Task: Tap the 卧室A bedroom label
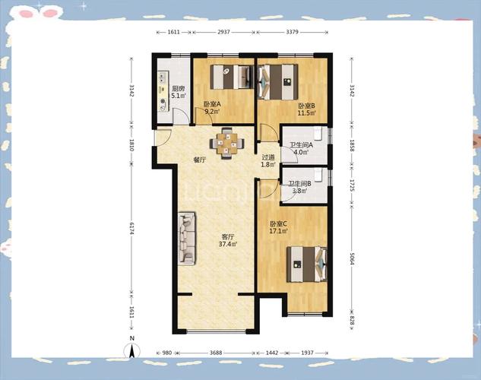pos(212,104)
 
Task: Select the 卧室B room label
pos(307,106)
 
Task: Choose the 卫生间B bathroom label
pos(299,184)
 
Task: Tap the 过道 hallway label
pos(267,157)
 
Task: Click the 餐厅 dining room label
pos(199,160)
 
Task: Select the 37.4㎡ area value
pos(228,244)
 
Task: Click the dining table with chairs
pos(227,143)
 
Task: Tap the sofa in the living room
pos(187,238)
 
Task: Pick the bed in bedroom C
pos(307,264)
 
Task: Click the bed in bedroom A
pos(232,77)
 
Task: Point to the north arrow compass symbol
pos(132,350)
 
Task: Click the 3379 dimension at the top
pos(292,32)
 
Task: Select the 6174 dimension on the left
pos(132,228)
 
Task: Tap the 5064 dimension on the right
pos(352,259)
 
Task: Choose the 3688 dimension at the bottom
pos(216,353)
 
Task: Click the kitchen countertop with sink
pos(163,91)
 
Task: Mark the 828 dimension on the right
pos(352,322)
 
